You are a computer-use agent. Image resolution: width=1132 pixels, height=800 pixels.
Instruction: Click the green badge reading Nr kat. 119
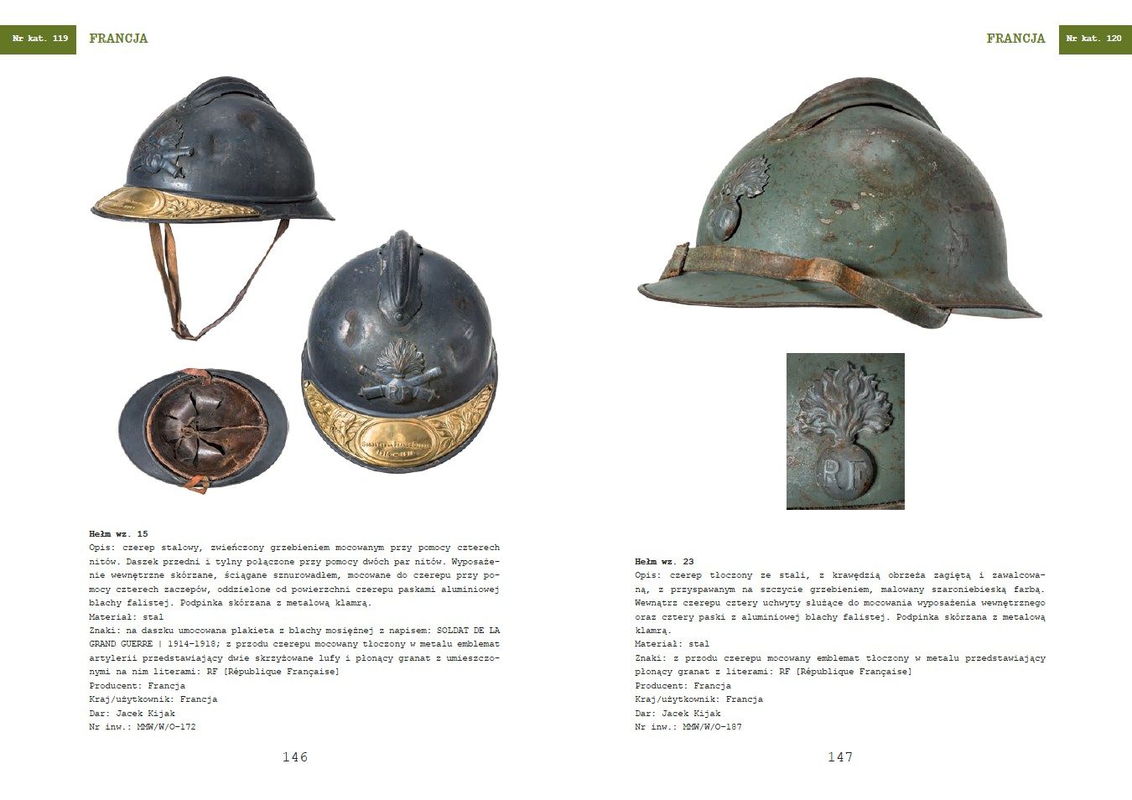pos(39,39)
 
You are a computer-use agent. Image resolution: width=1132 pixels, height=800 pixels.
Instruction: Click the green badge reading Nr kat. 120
pos(1094,39)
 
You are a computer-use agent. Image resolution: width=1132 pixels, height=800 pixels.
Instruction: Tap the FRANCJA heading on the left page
pos(118,39)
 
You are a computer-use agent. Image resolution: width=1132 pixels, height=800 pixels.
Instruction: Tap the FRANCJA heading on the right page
pos(1015,39)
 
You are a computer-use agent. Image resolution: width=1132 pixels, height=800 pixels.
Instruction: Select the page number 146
pos(295,757)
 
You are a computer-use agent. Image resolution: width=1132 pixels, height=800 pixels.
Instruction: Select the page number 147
pos(840,757)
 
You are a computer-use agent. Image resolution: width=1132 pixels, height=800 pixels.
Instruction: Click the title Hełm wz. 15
pos(118,534)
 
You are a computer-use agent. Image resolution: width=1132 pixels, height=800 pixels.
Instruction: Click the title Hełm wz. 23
pos(664,562)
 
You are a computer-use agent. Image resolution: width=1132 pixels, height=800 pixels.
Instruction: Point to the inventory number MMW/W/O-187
pos(712,727)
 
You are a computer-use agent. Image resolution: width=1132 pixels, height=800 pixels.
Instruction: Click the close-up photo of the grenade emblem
pos(845,431)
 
